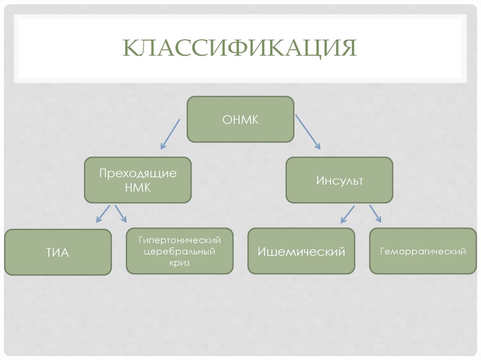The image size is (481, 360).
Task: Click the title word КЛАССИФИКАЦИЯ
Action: (x=240, y=48)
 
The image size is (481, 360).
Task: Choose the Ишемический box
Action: (x=301, y=251)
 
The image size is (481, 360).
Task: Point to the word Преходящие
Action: (x=138, y=173)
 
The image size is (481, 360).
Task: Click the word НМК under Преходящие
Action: (x=138, y=188)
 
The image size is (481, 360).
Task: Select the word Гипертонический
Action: (x=179, y=240)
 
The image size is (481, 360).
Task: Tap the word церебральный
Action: (x=179, y=252)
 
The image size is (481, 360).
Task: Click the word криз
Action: (x=179, y=263)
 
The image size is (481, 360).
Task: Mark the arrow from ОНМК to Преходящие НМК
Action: (x=170, y=134)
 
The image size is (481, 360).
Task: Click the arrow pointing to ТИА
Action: (x=102, y=213)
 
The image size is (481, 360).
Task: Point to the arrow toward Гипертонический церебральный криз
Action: (x=121, y=213)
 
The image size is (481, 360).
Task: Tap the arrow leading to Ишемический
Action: (x=348, y=213)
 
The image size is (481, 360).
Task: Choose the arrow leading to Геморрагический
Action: (x=375, y=213)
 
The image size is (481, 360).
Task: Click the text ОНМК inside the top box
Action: (x=240, y=120)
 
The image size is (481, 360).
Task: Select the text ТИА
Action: (x=58, y=253)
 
